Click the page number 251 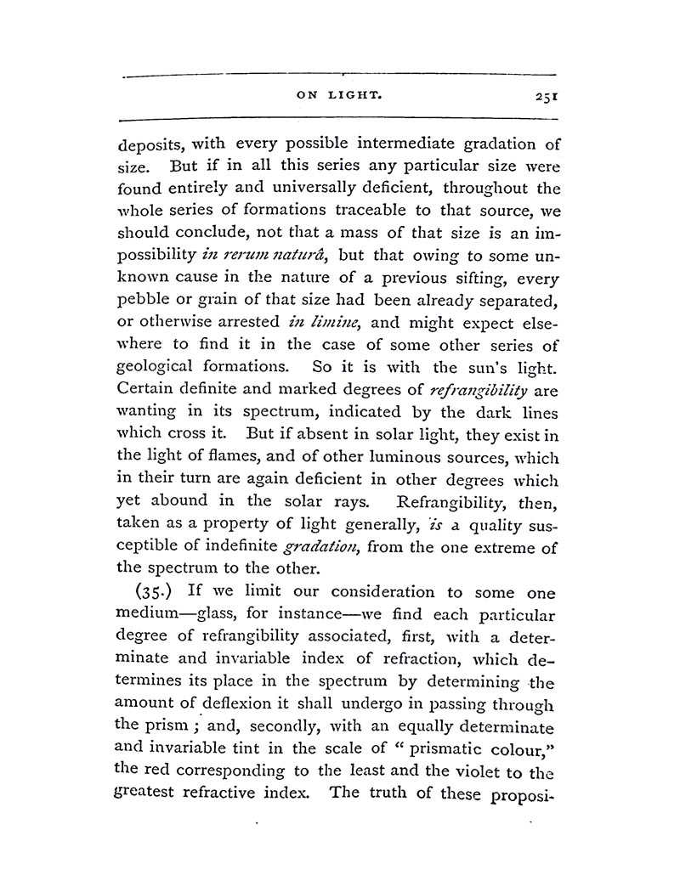[541, 98]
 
